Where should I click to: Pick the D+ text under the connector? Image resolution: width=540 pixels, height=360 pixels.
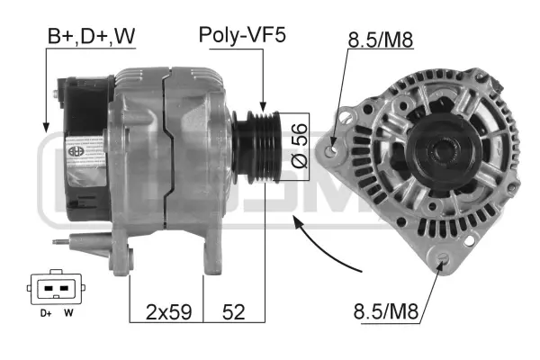[45, 313]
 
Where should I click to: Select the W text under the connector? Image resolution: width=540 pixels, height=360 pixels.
[68, 313]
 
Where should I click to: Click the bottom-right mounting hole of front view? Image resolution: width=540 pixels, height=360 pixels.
[442, 263]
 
